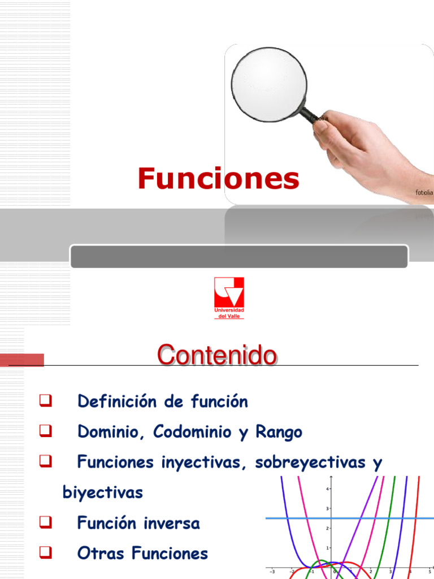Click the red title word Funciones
point(218,179)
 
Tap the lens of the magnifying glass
point(268,83)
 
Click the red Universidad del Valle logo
point(229,295)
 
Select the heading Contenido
point(217,356)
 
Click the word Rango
point(279,433)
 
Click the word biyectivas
point(102,492)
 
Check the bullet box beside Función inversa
point(46,523)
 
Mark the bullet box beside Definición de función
point(46,402)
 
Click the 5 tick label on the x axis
point(430,571)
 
